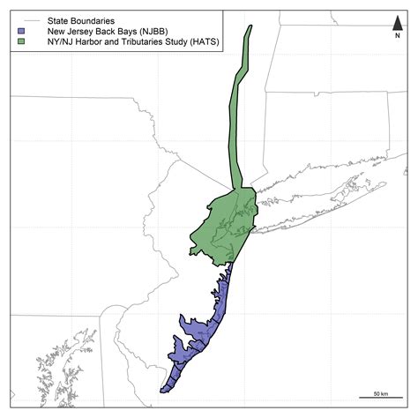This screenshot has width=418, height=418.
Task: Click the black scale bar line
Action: pos(381,399)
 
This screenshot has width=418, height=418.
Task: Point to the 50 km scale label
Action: pos(381,392)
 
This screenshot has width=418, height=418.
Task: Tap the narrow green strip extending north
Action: pos(239,115)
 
